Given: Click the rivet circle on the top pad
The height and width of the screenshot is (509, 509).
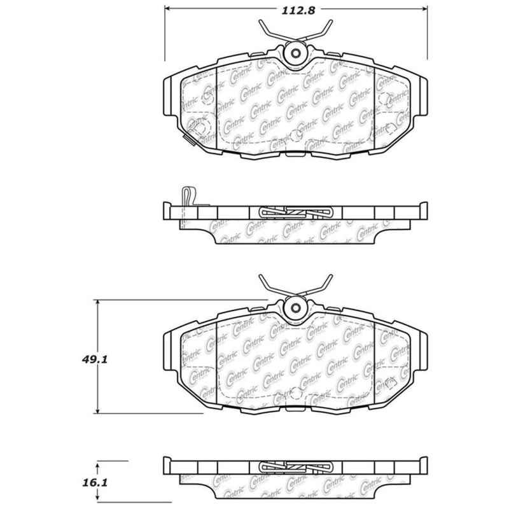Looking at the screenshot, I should (x=295, y=53).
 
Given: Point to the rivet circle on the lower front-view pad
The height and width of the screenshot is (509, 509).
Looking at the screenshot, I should (x=295, y=309).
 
